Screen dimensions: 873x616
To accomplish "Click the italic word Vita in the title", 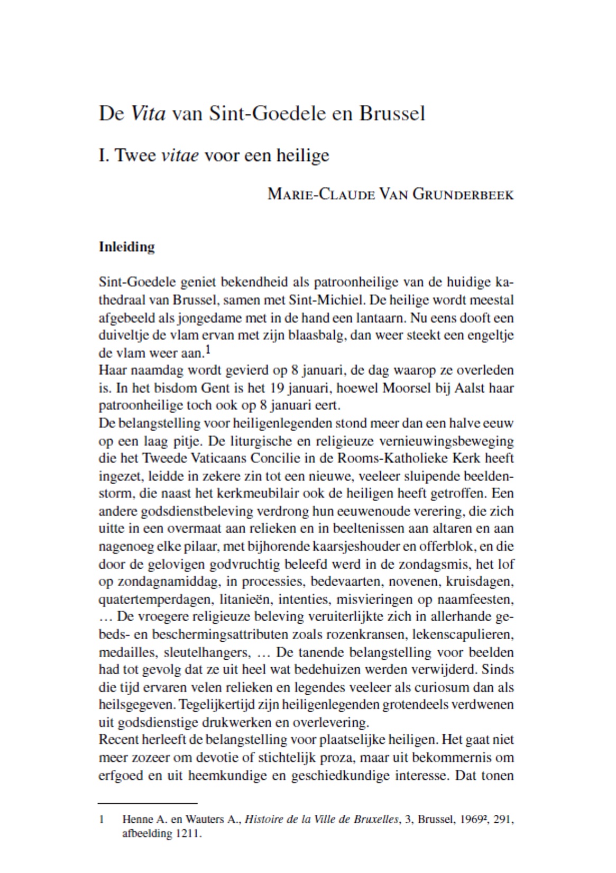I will point(148,114).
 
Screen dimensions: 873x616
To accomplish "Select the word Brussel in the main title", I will point(392,114).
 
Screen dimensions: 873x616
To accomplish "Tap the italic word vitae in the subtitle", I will point(180,156).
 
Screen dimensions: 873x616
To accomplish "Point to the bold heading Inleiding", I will point(127,247).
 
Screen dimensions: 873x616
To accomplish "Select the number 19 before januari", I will point(278,388).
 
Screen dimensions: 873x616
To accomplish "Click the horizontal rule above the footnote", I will point(148,803).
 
